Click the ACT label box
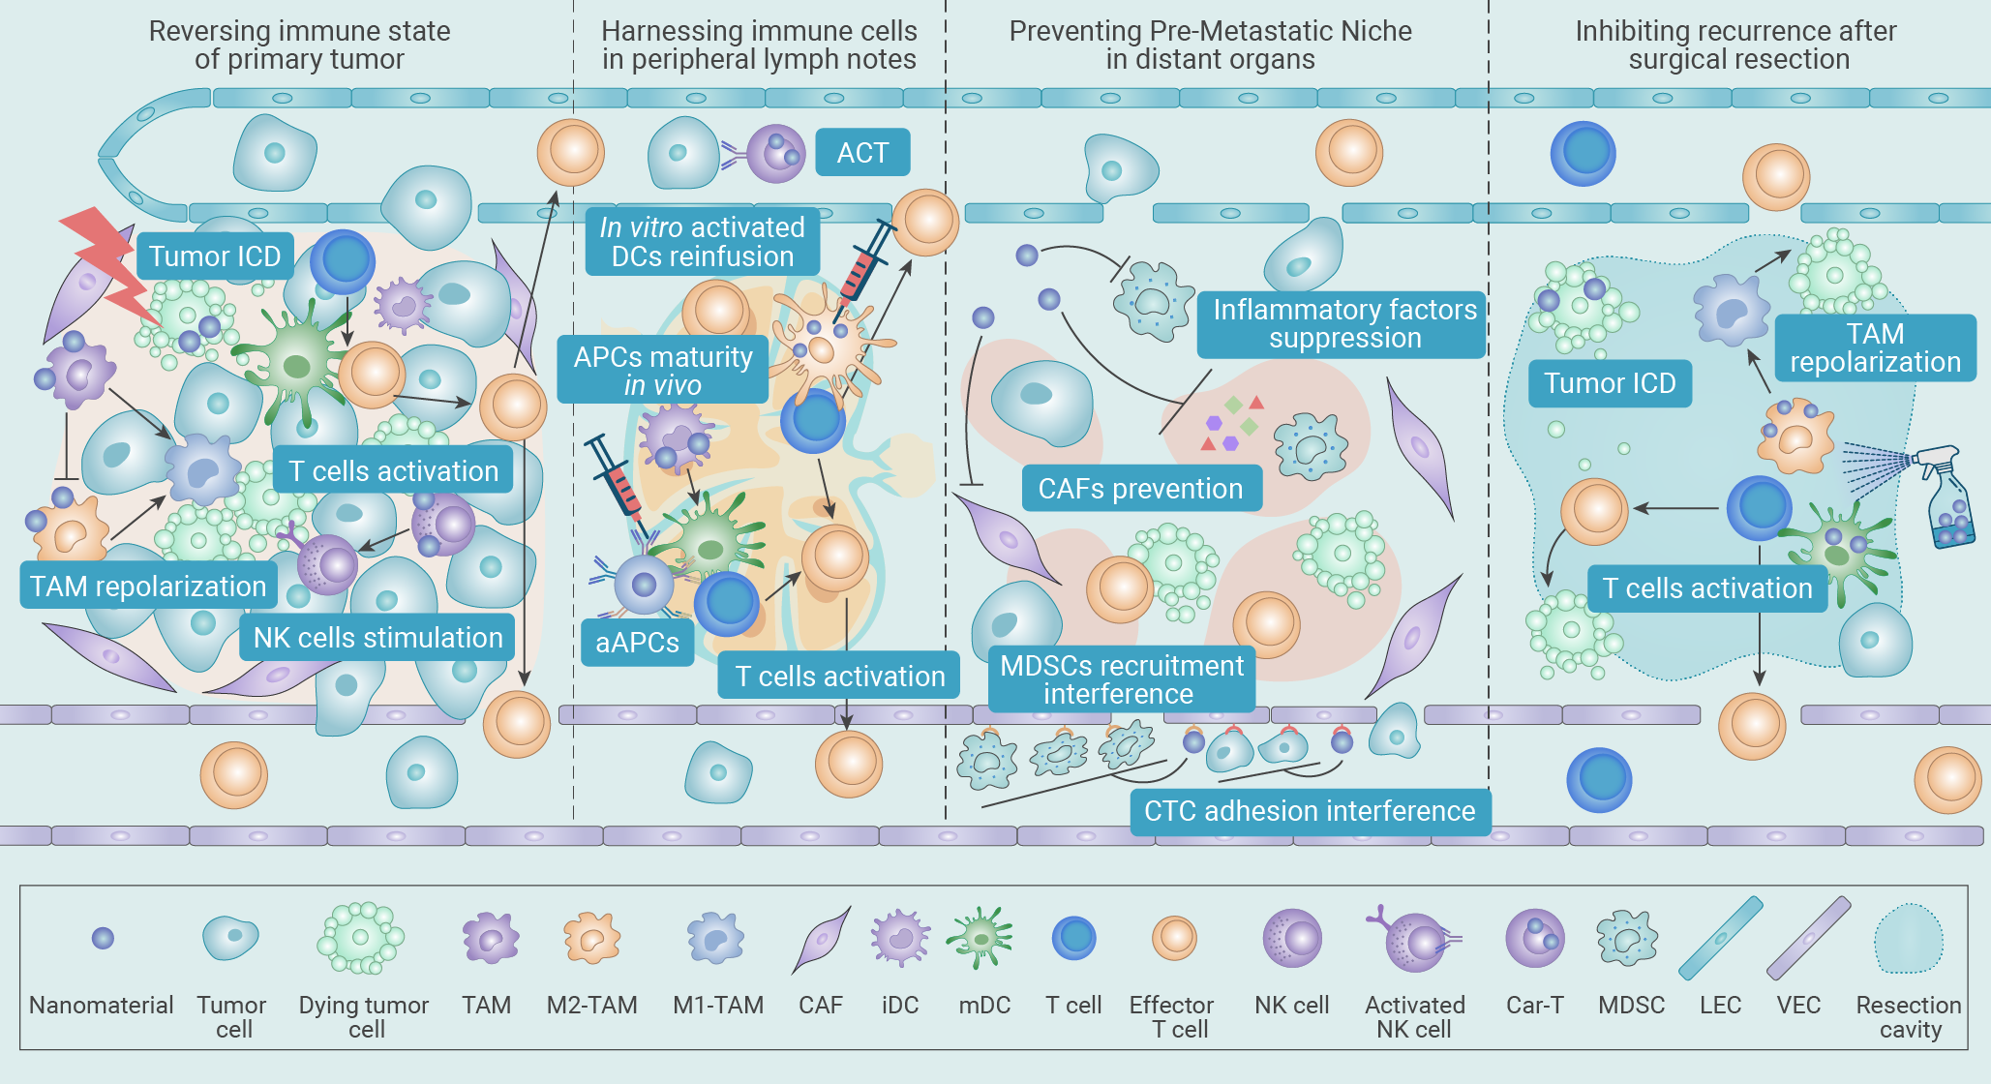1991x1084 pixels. [862, 152]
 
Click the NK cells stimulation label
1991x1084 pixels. [377, 638]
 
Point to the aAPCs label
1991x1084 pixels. [638, 643]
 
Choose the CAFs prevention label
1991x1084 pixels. [1142, 488]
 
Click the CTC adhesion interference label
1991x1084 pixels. [1311, 811]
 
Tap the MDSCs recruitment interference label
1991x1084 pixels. [1122, 679]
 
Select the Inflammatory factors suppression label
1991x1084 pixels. [1342, 324]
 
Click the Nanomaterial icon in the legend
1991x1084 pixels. [103, 938]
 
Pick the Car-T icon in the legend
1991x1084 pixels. [1534, 937]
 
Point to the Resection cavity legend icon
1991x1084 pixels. [1909, 938]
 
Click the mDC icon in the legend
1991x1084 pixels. [981, 937]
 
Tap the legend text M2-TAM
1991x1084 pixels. [591, 1006]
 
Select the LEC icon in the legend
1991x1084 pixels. [1720, 937]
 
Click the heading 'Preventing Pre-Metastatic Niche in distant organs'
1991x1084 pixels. [1210, 45]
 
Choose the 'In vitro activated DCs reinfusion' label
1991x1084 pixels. [703, 241]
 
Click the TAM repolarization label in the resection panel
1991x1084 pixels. [1875, 347]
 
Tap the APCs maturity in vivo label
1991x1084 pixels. [663, 370]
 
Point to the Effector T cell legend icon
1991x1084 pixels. [1175, 937]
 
